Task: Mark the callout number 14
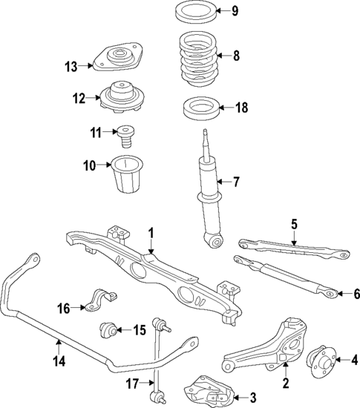[58, 361]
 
